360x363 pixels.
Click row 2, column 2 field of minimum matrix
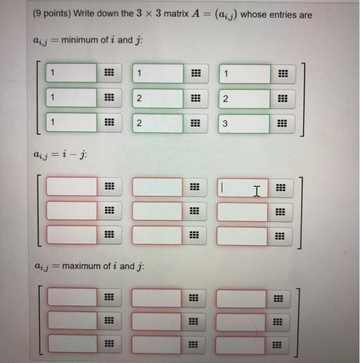pyautogui.click(x=157, y=99)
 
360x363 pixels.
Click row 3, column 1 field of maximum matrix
pyautogui.click(x=72, y=343)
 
